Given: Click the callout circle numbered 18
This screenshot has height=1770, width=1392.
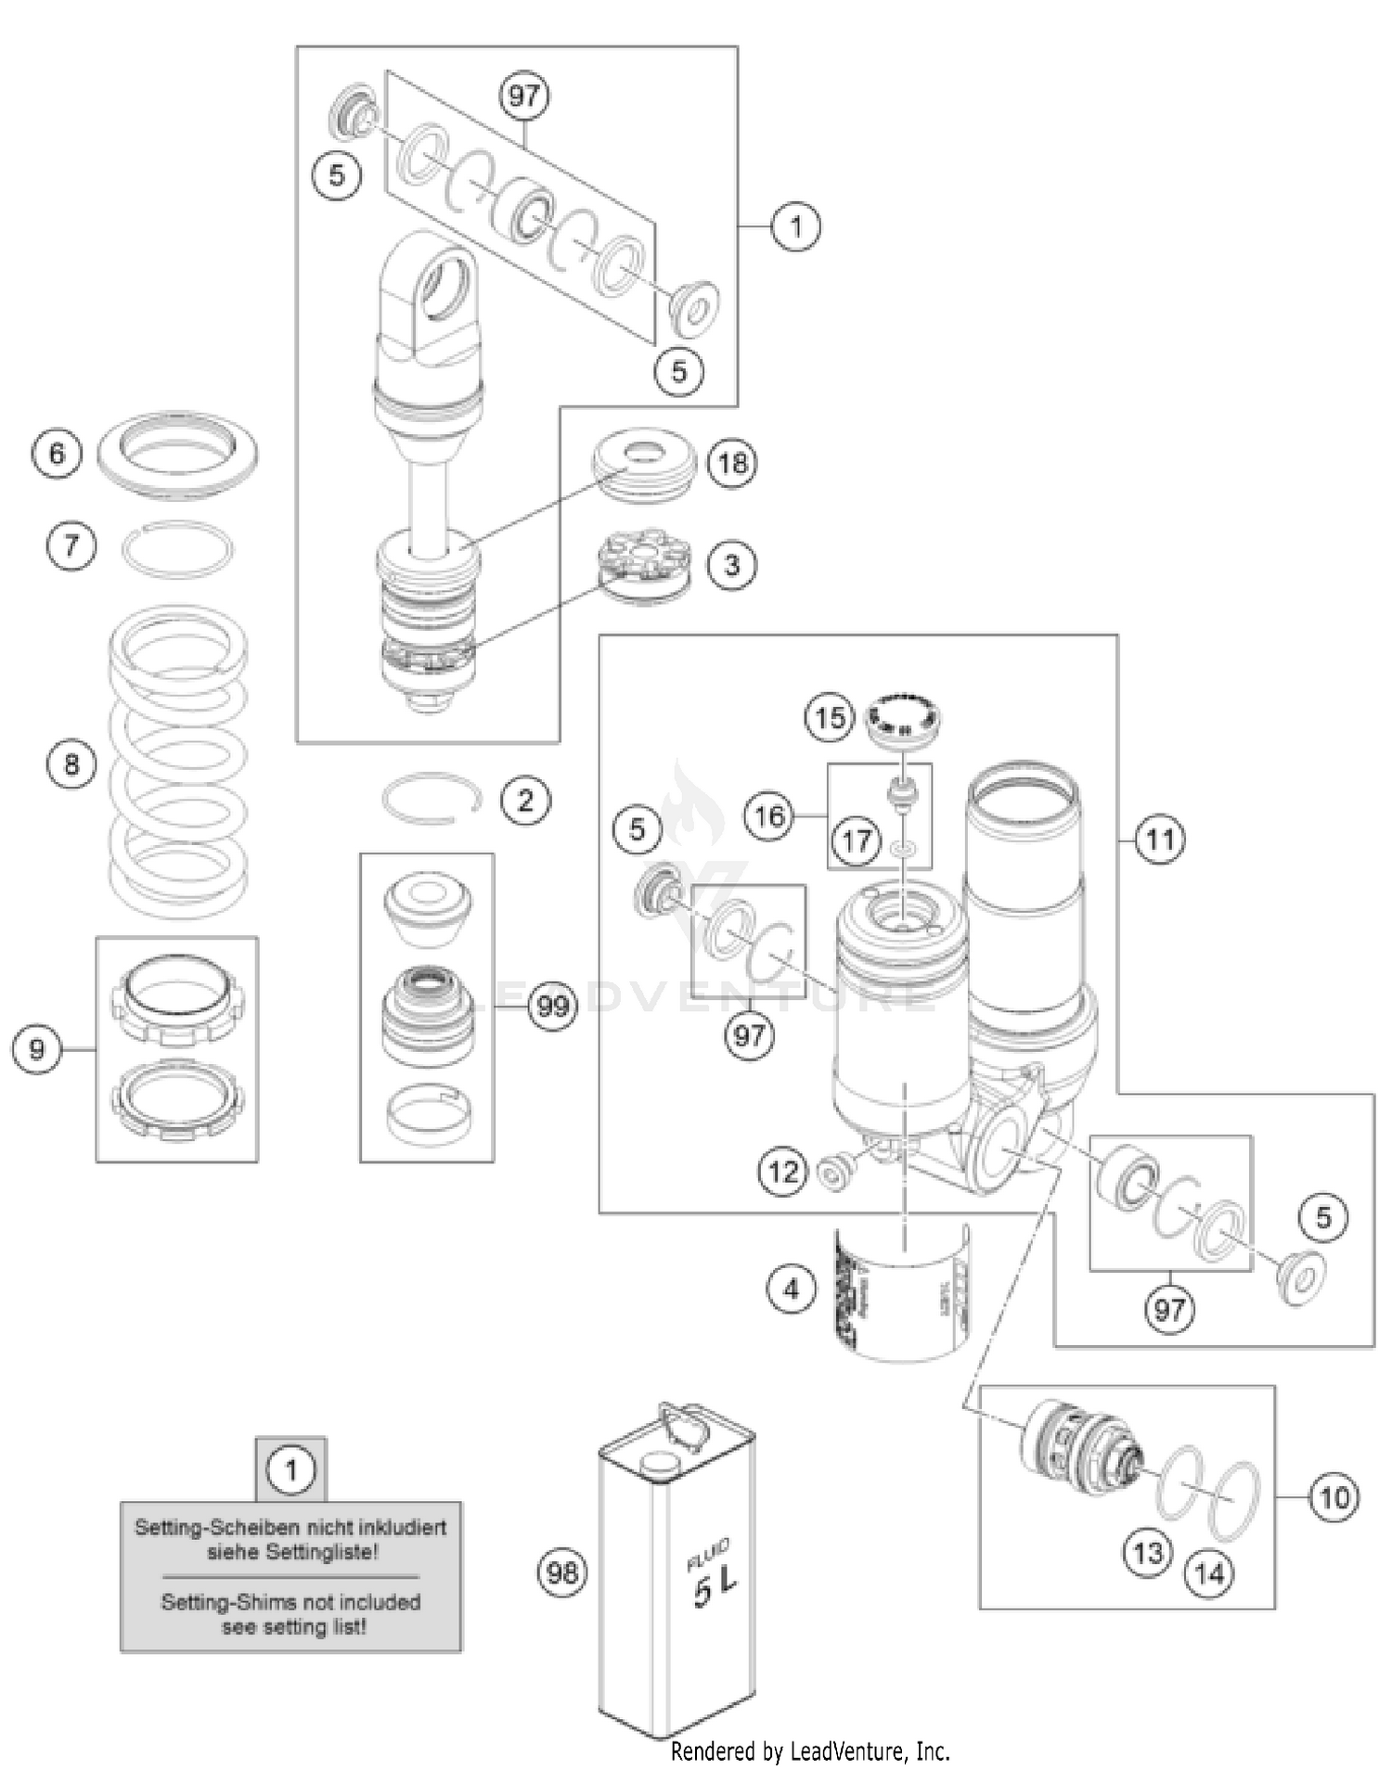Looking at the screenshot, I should pyautogui.click(x=732, y=462).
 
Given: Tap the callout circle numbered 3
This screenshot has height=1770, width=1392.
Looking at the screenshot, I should pyautogui.click(x=732, y=564).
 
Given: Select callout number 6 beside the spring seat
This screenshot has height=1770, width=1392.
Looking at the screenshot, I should pyautogui.click(x=57, y=453).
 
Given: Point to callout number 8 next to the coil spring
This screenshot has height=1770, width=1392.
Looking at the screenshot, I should pyautogui.click(x=71, y=764).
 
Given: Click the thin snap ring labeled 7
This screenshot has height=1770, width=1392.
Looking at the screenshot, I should pyautogui.click(x=178, y=549).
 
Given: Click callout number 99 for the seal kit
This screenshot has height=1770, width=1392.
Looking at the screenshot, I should pyautogui.click(x=553, y=1006).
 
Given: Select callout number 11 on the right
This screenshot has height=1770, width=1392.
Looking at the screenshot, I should pyautogui.click(x=1160, y=840).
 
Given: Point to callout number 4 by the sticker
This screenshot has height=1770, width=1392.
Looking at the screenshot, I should pyautogui.click(x=791, y=1289).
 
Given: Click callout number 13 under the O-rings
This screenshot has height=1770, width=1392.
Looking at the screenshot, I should pyautogui.click(x=1148, y=1552).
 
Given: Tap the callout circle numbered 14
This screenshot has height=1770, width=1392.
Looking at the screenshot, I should pyautogui.click(x=1209, y=1572).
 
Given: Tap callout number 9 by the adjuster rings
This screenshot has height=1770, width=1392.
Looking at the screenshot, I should pyautogui.click(x=37, y=1049).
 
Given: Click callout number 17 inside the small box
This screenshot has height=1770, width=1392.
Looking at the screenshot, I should pyautogui.click(x=856, y=840).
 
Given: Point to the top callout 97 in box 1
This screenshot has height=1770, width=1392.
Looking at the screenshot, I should pyautogui.click(x=524, y=96).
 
